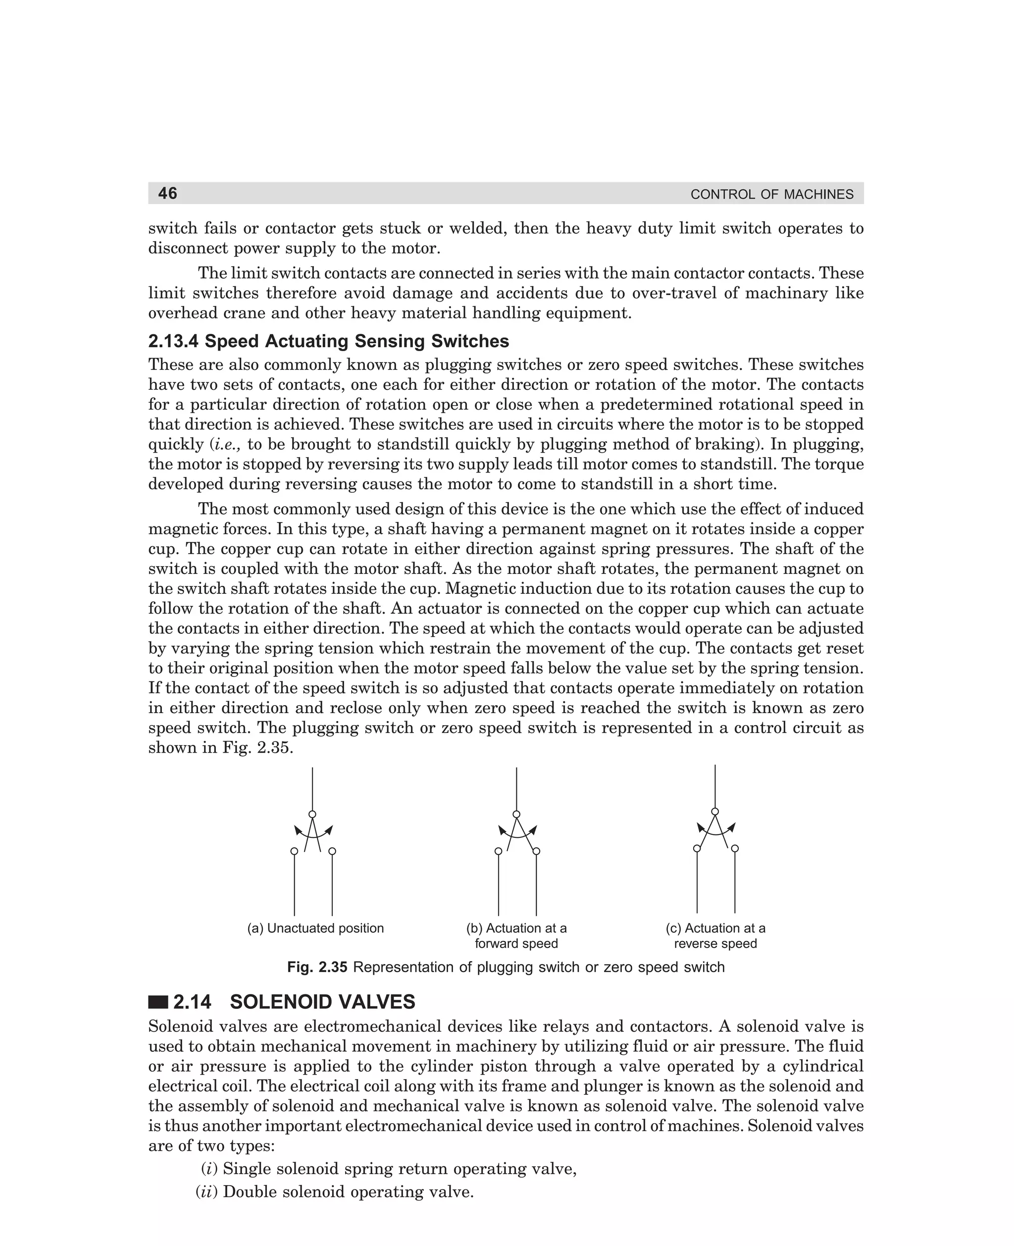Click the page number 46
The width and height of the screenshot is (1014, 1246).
[x=168, y=193]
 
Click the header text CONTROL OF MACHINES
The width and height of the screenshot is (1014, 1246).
[x=771, y=195]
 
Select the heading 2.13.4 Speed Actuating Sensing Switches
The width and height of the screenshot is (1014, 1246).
[x=328, y=341]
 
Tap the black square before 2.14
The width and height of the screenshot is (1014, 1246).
[x=158, y=1002]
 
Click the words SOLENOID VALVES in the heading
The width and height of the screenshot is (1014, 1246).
[x=322, y=1002]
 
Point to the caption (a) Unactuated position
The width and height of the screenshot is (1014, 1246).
[x=315, y=928]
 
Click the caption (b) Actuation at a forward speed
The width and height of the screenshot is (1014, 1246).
[x=516, y=936]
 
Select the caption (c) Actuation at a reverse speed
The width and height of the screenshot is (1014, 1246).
[x=715, y=936]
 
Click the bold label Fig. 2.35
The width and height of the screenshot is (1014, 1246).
[x=317, y=967]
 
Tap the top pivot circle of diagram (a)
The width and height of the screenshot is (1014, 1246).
[x=312, y=814]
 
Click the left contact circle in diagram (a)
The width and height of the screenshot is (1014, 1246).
[x=295, y=851]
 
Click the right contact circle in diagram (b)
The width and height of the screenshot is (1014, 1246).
[x=536, y=851]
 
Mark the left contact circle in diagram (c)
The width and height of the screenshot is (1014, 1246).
[x=697, y=848]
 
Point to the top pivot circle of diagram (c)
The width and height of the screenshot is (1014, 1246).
[x=715, y=811]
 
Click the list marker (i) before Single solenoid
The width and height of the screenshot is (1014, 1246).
[x=209, y=1169]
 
